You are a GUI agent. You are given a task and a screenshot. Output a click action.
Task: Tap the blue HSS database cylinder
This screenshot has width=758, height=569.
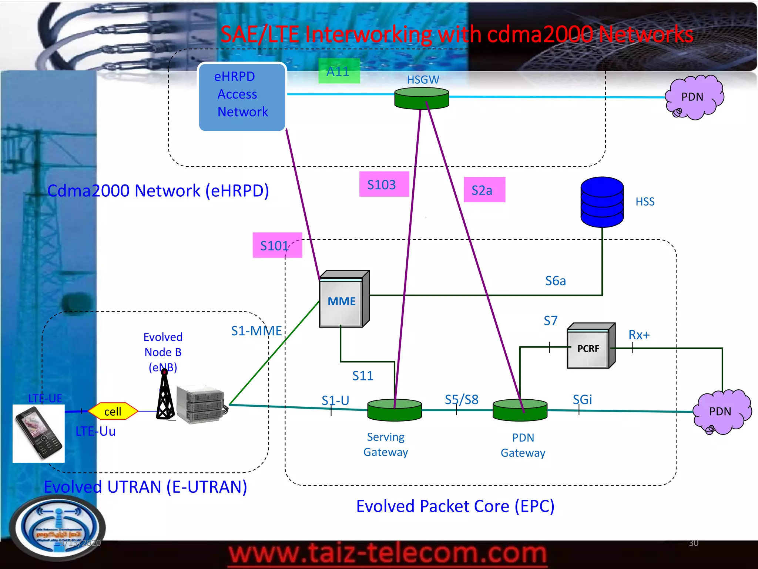(x=602, y=202)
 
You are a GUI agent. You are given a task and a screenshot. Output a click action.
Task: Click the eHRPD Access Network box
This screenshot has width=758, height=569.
(x=242, y=97)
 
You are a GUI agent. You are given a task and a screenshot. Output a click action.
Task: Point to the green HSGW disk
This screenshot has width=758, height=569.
(x=422, y=99)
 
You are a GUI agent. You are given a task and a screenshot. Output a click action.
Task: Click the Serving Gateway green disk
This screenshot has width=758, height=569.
(x=394, y=410)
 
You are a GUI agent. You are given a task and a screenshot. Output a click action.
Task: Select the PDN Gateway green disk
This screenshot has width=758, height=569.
(x=520, y=410)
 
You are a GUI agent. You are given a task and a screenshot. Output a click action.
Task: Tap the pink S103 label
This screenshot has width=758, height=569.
(x=383, y=184)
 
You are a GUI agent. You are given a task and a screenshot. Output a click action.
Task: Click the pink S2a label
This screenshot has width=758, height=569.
(x=484, y=190)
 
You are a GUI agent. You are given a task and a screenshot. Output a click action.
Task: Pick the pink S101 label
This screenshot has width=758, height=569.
(x=277, y=245)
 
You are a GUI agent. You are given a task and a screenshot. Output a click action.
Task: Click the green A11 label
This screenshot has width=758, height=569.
(x=339, y=71)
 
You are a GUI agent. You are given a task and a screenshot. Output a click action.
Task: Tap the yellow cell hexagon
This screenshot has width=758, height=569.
(x=113, y=411)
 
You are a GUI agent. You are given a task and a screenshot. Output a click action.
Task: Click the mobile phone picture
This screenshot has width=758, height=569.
(x=38, y=433)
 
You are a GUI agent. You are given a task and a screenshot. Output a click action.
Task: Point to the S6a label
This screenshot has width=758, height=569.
(x=555, y=281)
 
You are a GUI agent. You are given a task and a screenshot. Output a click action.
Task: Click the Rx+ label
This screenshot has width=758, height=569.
(x=639, y=335)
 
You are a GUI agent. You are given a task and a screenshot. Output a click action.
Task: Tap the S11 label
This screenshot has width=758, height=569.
(x=362, y=376)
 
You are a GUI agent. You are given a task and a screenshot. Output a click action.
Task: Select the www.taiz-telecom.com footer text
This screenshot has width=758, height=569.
(x=387, y=554)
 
